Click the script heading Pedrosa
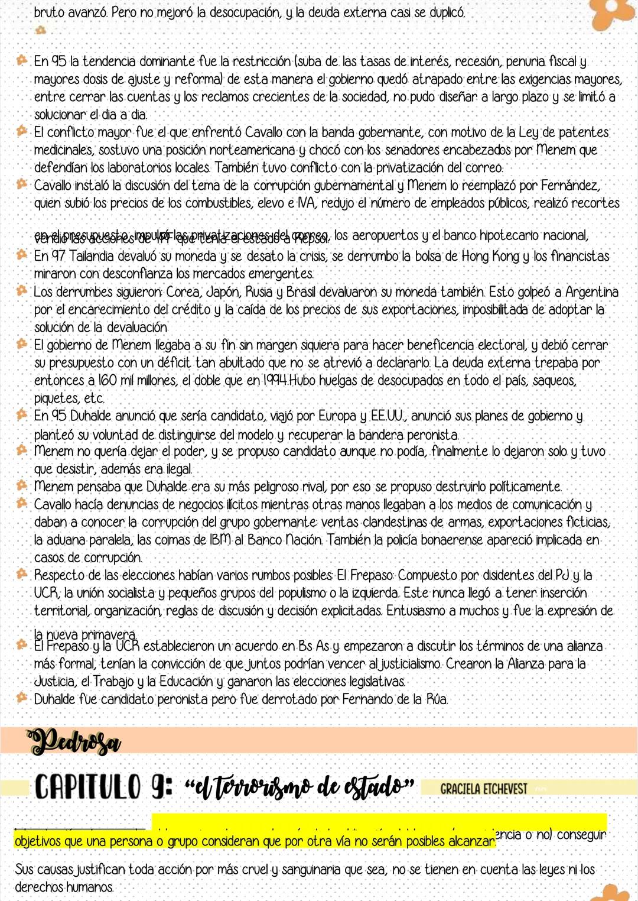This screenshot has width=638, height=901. [74, 741]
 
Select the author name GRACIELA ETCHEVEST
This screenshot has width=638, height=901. [483, 789]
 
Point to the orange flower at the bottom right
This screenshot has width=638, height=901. [614, 892]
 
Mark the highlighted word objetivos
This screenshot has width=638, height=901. [40, 841]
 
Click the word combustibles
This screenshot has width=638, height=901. [218, 203]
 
